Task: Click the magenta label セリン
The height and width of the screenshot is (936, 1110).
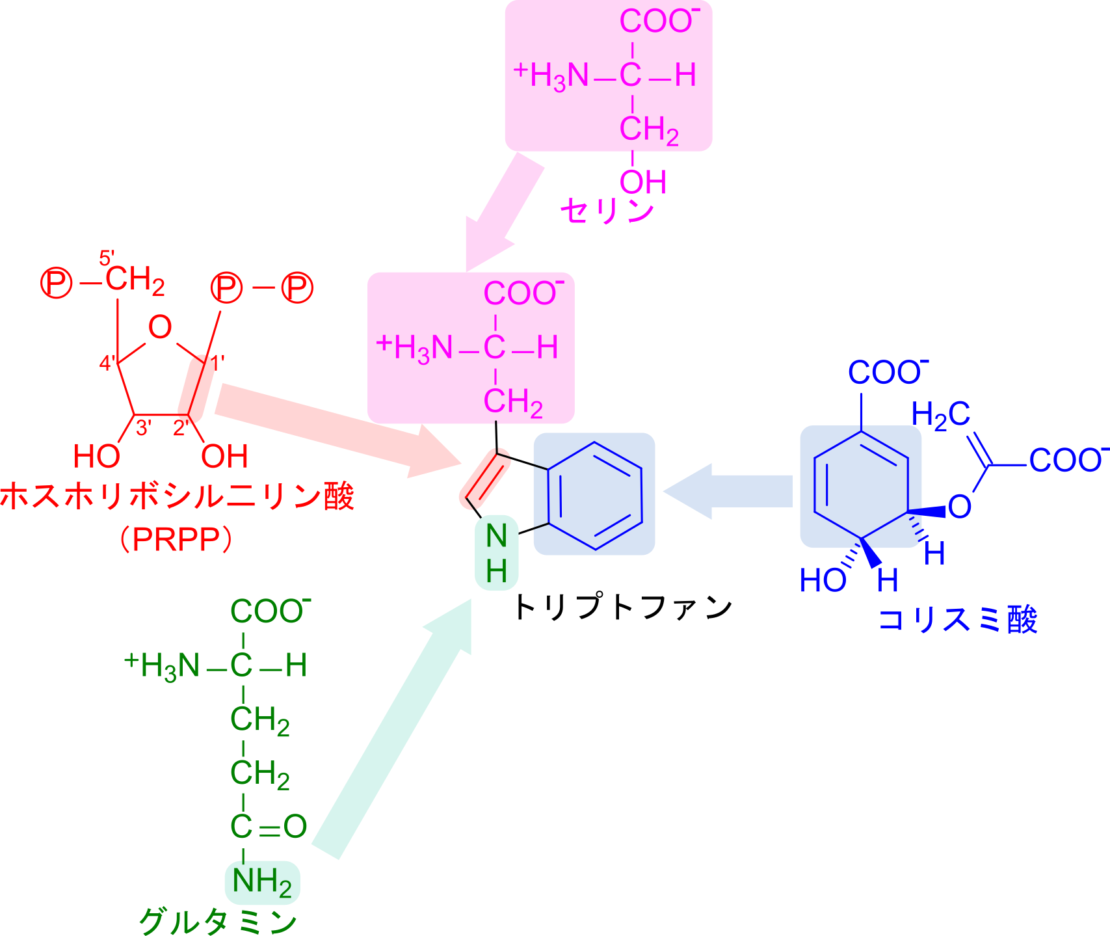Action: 607,211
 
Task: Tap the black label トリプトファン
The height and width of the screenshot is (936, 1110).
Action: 623,607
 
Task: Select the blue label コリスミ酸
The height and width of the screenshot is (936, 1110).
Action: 957,619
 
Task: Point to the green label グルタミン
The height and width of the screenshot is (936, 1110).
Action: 218,921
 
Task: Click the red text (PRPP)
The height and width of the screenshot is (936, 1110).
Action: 176,539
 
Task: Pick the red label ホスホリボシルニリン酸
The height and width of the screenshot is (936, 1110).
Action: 177,496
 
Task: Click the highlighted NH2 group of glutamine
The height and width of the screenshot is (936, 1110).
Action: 262,882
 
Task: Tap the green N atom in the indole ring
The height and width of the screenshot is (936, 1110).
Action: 496,535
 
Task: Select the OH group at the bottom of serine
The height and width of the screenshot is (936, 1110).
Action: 642,182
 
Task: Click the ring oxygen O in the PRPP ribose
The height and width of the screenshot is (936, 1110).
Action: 160,327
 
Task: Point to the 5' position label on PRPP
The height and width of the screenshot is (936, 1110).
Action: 107,258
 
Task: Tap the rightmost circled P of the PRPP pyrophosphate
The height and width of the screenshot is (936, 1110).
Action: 297,287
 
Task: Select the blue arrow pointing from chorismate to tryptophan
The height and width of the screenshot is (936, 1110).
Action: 728,491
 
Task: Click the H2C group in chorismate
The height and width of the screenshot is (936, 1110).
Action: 941,415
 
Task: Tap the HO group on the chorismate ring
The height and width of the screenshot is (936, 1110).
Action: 823,580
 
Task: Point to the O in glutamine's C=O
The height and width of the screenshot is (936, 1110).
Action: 295,827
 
